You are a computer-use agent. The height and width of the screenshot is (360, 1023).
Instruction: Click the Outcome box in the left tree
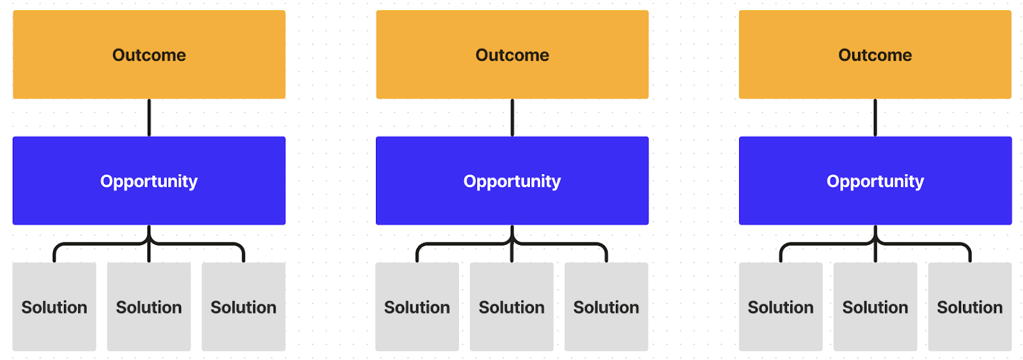149,54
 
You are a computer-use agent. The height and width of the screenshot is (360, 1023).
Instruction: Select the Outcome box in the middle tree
512,54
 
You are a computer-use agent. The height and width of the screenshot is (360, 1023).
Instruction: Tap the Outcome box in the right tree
875,54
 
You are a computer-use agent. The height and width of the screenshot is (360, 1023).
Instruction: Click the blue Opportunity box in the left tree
149,180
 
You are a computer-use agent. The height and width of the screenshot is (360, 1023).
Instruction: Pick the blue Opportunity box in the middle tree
512,180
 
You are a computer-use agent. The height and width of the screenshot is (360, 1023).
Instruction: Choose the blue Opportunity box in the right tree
875,180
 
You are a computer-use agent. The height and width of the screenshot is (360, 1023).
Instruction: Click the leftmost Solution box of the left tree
54,306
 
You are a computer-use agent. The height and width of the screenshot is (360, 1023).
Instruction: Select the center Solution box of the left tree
149,306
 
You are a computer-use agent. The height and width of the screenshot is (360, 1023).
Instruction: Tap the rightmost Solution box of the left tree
244,306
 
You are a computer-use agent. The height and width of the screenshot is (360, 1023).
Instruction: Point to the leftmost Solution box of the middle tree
417,306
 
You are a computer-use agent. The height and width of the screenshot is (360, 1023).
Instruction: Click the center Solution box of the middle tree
511,306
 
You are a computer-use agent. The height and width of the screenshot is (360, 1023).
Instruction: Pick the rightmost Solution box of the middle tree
606,306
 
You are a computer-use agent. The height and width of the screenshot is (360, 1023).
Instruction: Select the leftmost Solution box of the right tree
781,306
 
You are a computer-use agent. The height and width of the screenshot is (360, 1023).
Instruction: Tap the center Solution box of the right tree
875,306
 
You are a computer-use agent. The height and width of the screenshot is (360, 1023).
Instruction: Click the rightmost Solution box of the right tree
969,306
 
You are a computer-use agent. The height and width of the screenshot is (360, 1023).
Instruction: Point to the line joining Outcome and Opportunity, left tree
149,118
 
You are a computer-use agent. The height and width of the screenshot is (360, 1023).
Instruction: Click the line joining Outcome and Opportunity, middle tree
512,118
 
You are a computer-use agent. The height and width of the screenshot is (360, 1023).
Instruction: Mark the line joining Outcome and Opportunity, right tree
875,118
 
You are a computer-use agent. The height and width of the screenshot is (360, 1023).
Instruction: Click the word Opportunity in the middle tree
512,182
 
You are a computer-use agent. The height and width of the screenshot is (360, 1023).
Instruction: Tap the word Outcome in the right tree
875,55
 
